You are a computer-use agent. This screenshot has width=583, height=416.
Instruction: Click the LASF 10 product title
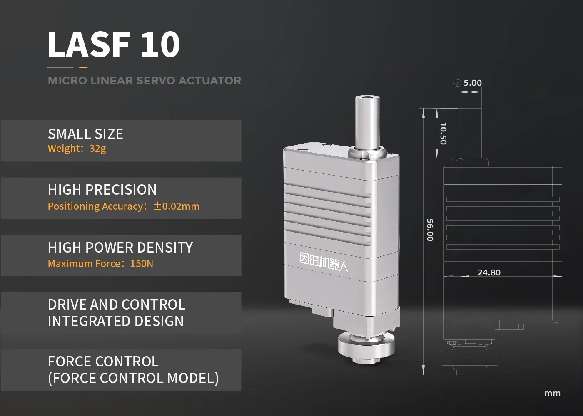(x=114, y=44)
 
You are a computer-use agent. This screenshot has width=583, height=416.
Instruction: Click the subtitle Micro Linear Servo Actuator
(x=145, y=80)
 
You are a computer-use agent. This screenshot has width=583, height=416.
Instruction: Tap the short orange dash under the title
(x=83, y=67)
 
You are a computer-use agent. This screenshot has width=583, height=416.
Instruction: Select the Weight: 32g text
(x=77, y=149)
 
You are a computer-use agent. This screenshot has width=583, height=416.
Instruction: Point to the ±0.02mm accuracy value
(x=176, y=206)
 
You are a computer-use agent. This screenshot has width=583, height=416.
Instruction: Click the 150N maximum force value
(x=142, y=264)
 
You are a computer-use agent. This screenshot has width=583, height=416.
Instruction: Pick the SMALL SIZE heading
(x=85, y=134)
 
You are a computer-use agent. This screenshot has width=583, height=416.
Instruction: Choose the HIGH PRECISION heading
(x=102, y=190)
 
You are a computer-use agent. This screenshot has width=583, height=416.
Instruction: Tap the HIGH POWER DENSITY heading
(x=120, y=248)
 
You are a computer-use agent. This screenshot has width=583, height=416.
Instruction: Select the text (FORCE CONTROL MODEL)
(x=133, y=378)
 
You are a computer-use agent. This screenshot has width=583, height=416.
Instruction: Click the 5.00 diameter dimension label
(x=473, y=83)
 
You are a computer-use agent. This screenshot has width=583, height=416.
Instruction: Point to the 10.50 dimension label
(x=443, y=133)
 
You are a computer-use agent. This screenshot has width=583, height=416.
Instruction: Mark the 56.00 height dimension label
(x=430, y=230)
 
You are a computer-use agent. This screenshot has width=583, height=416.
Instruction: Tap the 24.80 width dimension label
(x=489, y=272)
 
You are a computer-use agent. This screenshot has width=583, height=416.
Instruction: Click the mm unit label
(x=552, y=393)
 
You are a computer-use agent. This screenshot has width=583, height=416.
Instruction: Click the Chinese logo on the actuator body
(x=324, y=262)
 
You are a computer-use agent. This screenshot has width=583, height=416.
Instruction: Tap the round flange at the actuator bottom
(x=366, y=343)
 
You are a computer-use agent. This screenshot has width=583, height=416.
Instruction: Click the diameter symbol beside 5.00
(x=457, y=83)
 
